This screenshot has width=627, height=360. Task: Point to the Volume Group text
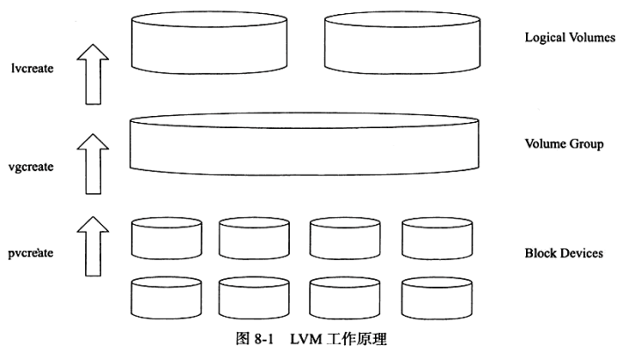562,144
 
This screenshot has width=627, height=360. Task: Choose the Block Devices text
563,253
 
